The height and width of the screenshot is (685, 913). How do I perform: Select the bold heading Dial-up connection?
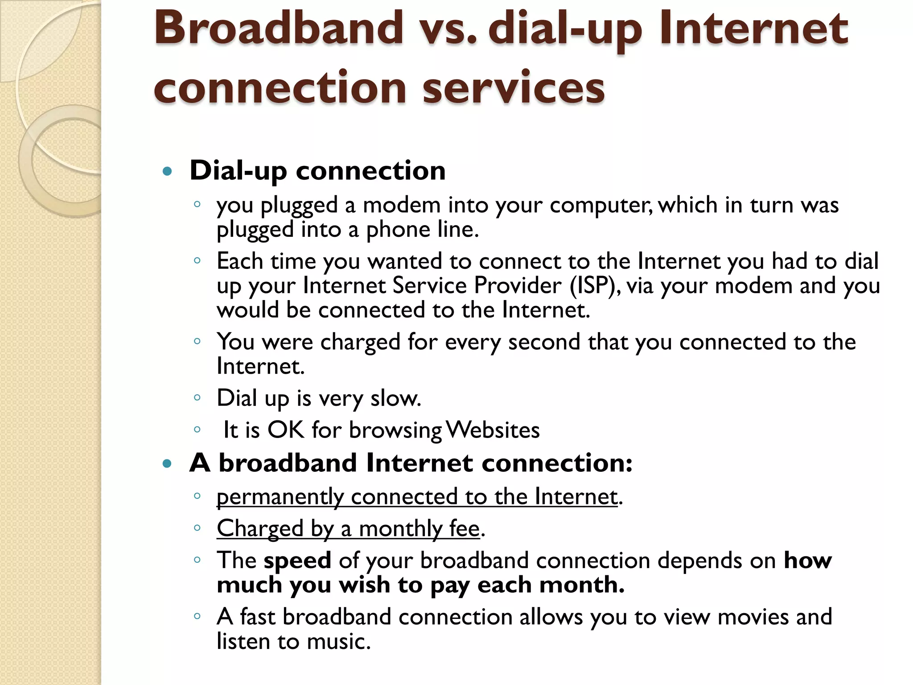(x=317, y=170)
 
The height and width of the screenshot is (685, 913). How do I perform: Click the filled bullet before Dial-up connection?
(x=167, y=171)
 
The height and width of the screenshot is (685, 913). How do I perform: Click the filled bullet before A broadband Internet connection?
(x=167, y=464)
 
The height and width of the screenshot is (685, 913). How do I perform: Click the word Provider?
(x=517, y=285)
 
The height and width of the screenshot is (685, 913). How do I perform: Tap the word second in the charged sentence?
(x=544, y=342)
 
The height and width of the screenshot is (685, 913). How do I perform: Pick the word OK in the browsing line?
(x=285, y=430)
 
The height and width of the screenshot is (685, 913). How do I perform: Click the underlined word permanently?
(x=280, y=497)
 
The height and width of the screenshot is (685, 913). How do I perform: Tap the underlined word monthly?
(x=400, y=529)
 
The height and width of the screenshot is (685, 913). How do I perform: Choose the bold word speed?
(x=297, y=561)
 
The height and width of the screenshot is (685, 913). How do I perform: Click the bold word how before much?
(x=807, y=561)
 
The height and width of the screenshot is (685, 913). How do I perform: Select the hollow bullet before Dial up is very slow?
(x=197, y=398)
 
